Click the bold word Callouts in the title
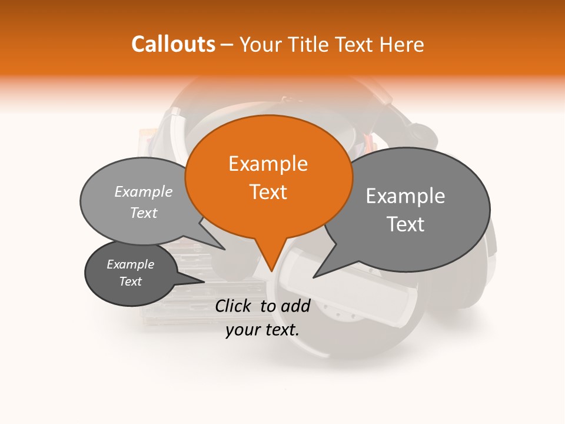tap(173, 44)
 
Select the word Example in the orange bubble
tap(268, 164)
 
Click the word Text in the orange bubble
tap(268, 192)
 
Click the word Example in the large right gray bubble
tap(406, 196)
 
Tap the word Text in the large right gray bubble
tap(406, 224)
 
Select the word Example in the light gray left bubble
tap(144, 191)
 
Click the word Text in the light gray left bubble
tap(144, 213)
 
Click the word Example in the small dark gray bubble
tap(131, 264)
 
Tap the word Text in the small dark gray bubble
tap(131, 281)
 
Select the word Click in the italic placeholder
tap(234, 306)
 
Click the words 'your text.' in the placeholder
tap(262, 329)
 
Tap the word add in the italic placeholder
tap(295, 306)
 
